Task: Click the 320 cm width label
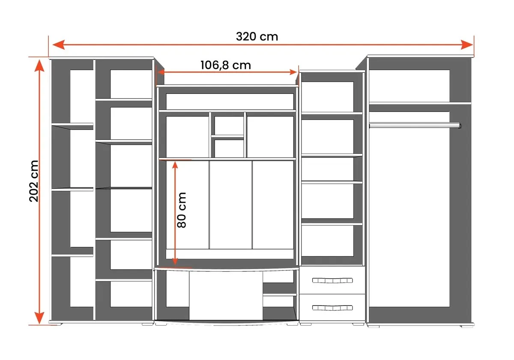pos(257,37)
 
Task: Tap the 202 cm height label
pos(34,181)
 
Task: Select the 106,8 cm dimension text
pos(226,65)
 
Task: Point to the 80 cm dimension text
pos(182,210)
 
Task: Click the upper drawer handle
pos(332,280)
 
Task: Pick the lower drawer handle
pos(332,308)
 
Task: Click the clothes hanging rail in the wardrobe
pos(415,125)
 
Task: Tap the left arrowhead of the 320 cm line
pos(59,45)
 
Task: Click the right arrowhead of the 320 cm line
pos(467,45)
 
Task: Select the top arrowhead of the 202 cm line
pos(39,66)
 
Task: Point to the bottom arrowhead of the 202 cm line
pos(39,318)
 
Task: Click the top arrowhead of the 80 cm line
pos(175,165)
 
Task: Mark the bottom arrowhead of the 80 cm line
pos(175,261)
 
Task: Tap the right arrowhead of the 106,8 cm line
pos(293,72)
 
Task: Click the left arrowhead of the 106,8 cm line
pos(161,72)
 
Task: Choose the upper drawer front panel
pos(332,280)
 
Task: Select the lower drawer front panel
pos(332,308)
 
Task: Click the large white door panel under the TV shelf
pos(226,296)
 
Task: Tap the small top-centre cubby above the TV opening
pos(229,125)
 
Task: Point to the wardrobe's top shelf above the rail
pos(420,103)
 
